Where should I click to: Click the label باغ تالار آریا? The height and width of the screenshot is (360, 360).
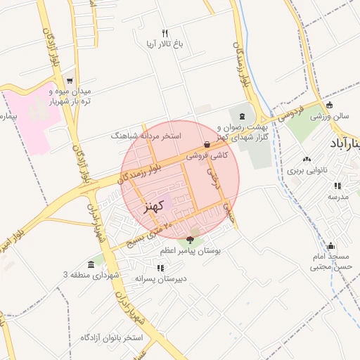pos(165,44)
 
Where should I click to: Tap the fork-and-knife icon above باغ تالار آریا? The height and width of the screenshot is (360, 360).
pos(165,33)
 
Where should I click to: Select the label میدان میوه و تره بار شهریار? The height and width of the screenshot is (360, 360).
pos(69,96)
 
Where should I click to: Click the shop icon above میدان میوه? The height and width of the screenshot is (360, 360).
pos(69,81)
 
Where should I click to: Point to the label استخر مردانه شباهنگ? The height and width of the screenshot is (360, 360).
pos(146,134)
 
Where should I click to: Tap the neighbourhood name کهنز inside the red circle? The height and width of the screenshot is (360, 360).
pos(152,206)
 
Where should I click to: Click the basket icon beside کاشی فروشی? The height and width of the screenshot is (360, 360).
pos(206,145)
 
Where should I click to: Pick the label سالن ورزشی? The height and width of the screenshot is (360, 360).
pos(326,115)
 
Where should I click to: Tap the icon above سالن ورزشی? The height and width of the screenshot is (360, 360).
pos(329,105)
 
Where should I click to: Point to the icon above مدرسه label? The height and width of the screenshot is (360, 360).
pos(338,186)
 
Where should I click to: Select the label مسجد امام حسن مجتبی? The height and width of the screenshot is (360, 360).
pos(330,262)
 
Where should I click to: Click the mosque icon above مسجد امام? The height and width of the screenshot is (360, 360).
pos(330,247)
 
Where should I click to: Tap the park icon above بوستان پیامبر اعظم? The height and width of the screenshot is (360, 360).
pos(190,241)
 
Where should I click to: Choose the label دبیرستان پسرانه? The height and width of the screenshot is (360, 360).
pos(161,278)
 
